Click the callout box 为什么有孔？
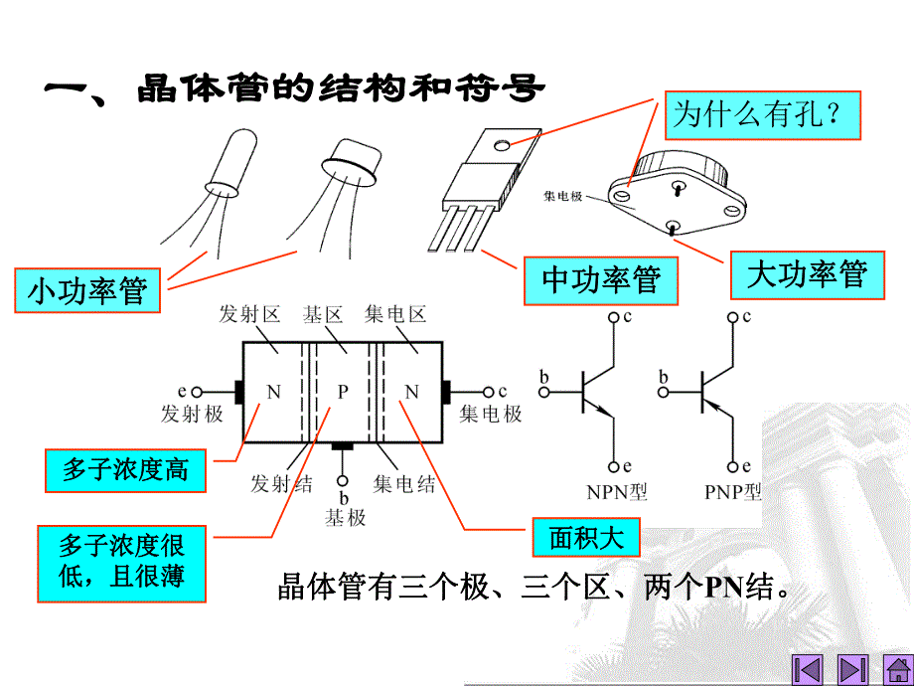[x=760, y=114]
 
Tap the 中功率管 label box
[x=601, y=280]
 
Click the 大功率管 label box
[x=807, y=273]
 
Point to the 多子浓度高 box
[x=125, y=469]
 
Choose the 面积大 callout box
[x=586, y=538]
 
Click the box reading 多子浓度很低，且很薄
[x=121, y=562]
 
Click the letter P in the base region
[x=343, y=392]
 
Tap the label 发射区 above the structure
[x=250, y=316]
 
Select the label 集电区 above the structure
[x=395, y=316]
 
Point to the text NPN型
[x=617, y=491]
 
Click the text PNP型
[x=733, y=491]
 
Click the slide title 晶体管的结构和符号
[x=293, y=90]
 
